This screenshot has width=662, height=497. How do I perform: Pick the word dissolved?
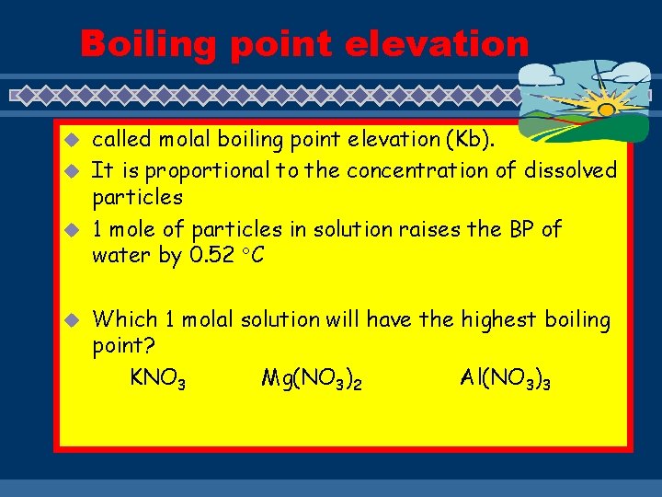click(570, 170)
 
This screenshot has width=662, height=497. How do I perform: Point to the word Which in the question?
click(125, 319)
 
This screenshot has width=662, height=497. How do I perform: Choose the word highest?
click(500, 319)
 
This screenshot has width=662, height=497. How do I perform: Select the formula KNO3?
click(158, 377)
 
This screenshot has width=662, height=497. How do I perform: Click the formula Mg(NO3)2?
click(311, 378)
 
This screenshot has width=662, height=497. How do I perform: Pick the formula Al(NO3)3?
click(506, 378)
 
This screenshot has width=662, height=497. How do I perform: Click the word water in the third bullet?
click(122, 256)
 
